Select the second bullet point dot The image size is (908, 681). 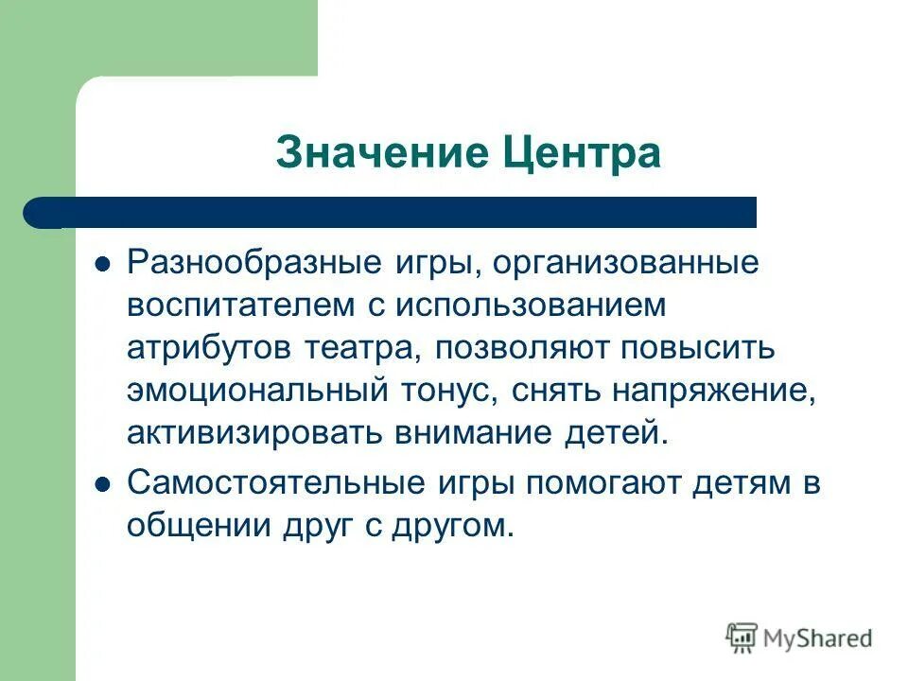(104, 483)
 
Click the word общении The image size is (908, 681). (195, 526)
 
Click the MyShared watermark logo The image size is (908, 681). (799, 638)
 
